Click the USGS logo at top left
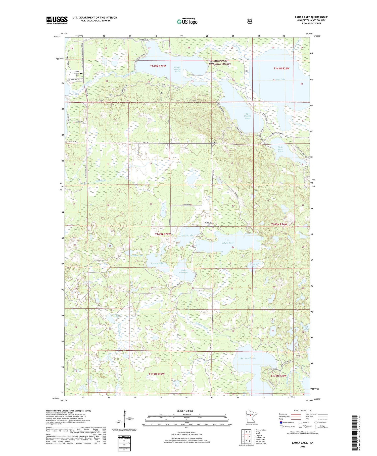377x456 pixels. [x=57, y=20]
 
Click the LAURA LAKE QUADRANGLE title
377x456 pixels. [x=311, y=17]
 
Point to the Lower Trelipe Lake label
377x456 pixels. [x=177, y=69]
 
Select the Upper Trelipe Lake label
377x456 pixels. [x=247, y=116]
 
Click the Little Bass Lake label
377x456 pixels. [x=280, y=149]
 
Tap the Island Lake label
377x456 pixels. [x=228, y=243]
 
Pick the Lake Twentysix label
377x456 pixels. [x=183, y=271]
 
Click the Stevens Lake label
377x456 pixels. [x=157, y=263]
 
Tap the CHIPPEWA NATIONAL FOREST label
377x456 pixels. [x=220, y=62]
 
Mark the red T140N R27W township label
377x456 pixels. [x=163, y=234]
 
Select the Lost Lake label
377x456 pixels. [x=306, y=328]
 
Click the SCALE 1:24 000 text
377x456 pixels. [x=185, y=411]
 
